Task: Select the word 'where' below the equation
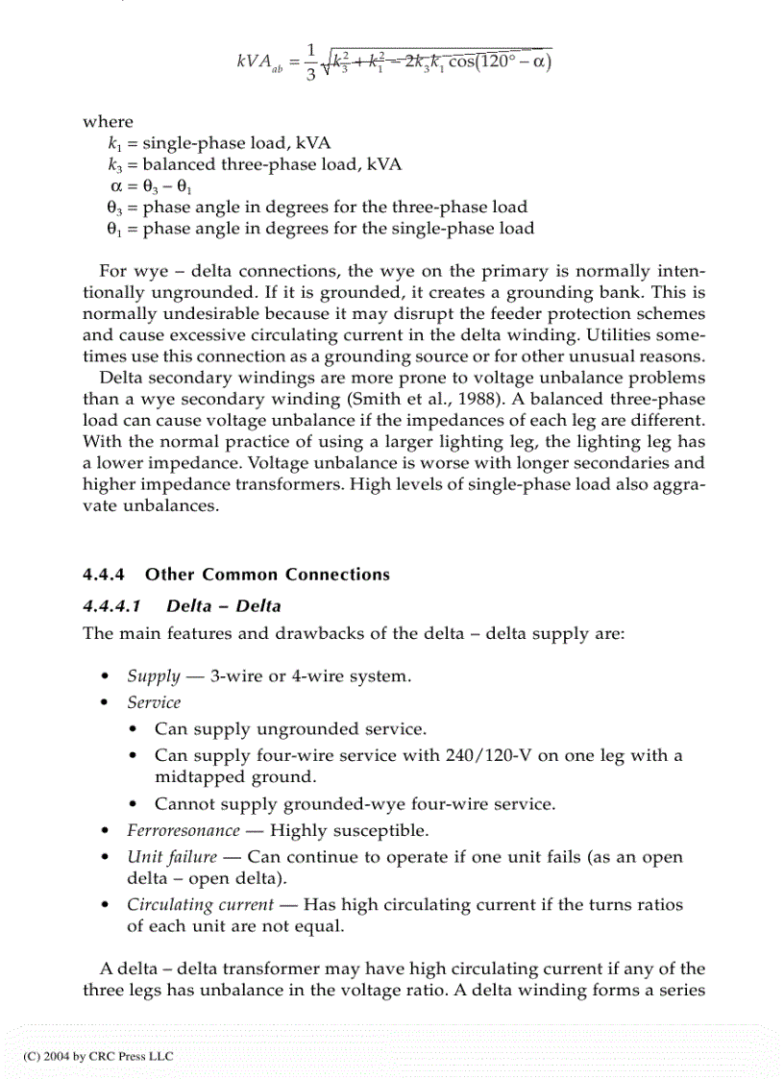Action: (x=108, y=121)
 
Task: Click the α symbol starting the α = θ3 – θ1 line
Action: (x=116, y=185)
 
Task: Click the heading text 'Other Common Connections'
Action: (x=267, y=575)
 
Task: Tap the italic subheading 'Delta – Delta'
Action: (x=224, y=606)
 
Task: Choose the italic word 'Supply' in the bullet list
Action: (x=153, y=675)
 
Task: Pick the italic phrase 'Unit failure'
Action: (x=171, y=857)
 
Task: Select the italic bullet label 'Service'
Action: (x=154, y=702)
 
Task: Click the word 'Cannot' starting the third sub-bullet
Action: (x=180, y=804)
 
